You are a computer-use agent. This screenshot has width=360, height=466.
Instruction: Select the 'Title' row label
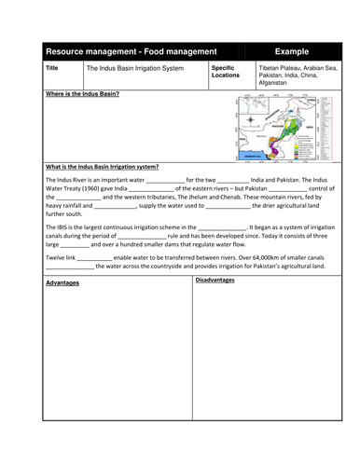pyautogui.click(x=53, y=68)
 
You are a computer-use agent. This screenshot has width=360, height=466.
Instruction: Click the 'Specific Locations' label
pyautogui.click(x=225, y=72)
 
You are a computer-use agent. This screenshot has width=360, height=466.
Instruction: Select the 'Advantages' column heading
pyautogui.click(x=62, y=282)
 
